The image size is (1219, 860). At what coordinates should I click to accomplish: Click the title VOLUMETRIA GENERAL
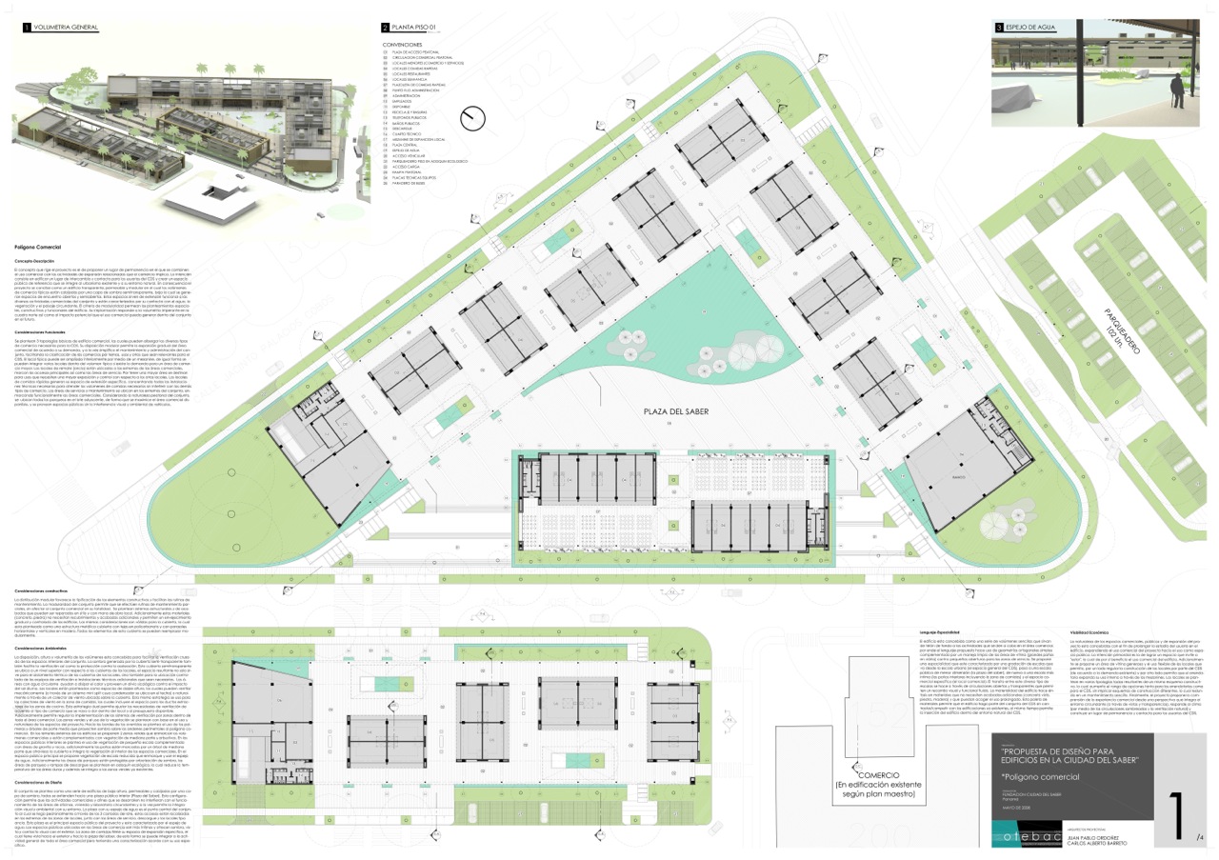(x=66, y=28)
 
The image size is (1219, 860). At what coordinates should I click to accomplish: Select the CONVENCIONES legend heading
(x=403, y=45)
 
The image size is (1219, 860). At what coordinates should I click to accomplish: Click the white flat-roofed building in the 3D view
(x=222, y=196)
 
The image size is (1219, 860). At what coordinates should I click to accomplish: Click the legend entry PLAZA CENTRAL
(x=410, y=145)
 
